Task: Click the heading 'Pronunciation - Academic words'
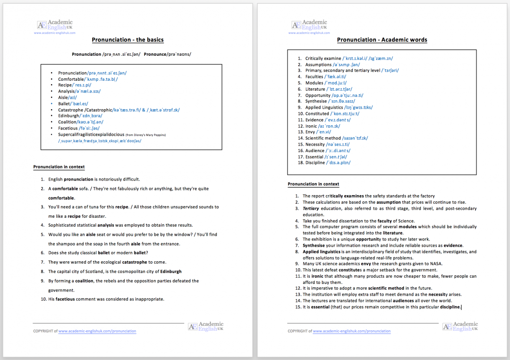coord(382,40)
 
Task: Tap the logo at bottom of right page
coord(460,326)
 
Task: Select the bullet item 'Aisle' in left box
coord(63,97)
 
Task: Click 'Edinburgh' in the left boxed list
coord(68,116)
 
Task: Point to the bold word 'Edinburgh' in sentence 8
coord(170,272)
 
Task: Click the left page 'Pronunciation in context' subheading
coord(59,167)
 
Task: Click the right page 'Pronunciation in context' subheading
coord(313,184)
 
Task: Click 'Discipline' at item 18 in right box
coord(315,163)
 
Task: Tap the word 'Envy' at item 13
coord(310,132)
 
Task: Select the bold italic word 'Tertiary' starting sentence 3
coord(311,208)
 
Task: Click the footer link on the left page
coord(97,331)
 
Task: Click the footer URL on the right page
coord(351,331)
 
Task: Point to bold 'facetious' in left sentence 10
coord(65,299)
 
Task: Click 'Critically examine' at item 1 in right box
coord(323,59)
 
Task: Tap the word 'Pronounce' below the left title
coord(155,54)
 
